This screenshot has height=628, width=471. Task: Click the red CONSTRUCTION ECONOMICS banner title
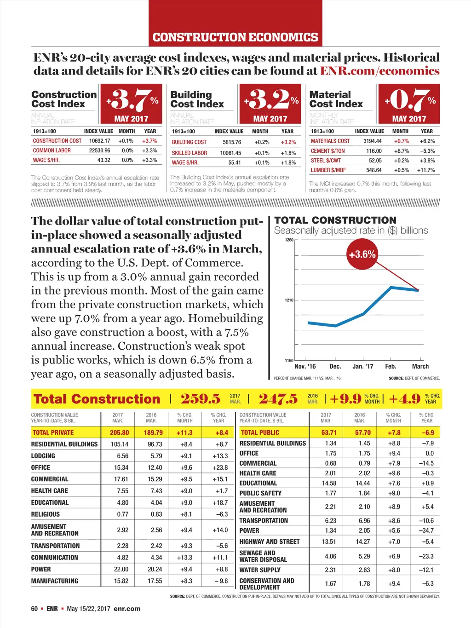point(235,37)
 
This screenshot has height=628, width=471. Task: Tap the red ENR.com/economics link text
point(379,71)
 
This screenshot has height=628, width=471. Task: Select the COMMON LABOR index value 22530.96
point(100,150)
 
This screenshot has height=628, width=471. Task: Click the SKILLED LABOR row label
point(190,153)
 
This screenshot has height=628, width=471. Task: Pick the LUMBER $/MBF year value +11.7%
point(425,170)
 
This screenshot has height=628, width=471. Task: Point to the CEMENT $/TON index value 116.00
point(373,151)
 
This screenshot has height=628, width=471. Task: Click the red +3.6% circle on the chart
point(362,254)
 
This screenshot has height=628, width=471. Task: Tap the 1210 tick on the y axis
point(289,300)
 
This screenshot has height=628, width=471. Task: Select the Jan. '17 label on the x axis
point(363,366)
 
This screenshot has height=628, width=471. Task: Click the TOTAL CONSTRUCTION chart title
point(335,220)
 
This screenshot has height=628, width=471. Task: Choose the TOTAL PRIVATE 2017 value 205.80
point(119,432)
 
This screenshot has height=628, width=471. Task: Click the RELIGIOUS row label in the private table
point(46,514)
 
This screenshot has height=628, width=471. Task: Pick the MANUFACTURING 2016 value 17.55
point(155,581)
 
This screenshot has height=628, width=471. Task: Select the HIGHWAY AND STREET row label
point(270,542)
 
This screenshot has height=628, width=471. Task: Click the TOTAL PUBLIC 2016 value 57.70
point(362,432)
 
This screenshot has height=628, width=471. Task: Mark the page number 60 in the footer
point(34,609)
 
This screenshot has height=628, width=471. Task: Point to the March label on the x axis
point(420,366)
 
